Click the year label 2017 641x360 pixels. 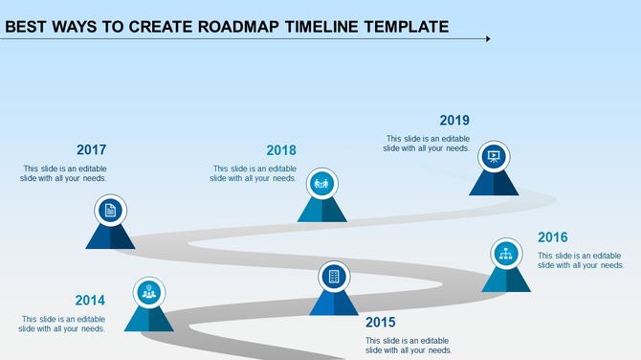[91, 149]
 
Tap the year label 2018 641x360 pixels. [281, 149]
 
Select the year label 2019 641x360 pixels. [454, 121]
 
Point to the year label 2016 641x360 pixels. [553, 237]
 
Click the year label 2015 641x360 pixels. [380, 323]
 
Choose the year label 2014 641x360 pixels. [90, 300]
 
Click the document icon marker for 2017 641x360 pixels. [111, 211]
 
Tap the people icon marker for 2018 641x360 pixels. [321, 182]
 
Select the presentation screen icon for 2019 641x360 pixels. [494, 155]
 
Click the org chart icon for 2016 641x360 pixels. [506, 253]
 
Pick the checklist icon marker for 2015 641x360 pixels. [334, 276]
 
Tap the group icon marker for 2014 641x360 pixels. [148, 292]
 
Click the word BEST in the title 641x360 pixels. [28, 27]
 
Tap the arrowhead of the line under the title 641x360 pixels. [488, 39]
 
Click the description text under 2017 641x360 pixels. [64, 173]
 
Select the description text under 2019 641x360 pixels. [427, 144]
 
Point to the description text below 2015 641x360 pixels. [409, 346]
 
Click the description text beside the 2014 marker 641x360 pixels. [63, 324]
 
